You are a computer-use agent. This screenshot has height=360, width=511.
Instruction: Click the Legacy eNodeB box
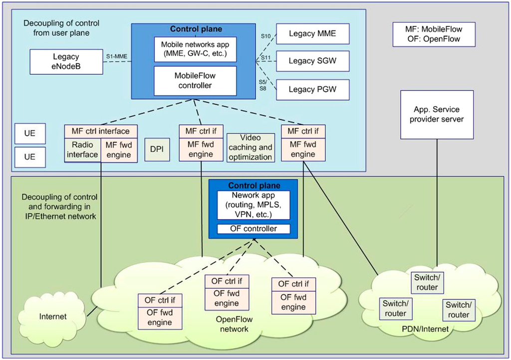click(66, 61)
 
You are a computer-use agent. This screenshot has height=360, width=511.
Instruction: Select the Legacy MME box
click(312, 33)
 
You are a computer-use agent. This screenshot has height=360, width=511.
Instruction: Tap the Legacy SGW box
click(312, 61)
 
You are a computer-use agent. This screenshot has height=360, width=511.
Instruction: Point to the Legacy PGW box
click(312, 90)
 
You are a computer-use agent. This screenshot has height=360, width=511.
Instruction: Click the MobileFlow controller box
click(195, 81)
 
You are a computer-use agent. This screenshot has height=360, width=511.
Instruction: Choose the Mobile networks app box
click(195, 49)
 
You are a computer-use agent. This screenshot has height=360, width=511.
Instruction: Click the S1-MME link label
click(117, 56)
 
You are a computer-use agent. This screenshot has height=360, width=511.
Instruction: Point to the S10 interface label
click(266, 36)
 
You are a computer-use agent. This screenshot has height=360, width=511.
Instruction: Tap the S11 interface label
click(266, 58)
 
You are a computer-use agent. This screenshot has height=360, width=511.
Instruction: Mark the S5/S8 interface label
click(263, 85)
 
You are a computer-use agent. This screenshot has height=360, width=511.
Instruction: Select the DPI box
click(157, 150)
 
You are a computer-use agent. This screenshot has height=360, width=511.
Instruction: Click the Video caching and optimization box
click(251, 148)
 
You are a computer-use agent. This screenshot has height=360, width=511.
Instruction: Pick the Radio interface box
click(82, 150)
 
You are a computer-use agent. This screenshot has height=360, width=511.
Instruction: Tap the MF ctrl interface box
click(101, 131)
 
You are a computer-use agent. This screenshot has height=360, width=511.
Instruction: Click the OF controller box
click(254, 229)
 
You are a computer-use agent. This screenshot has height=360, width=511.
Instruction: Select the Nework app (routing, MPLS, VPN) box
click(254, 205)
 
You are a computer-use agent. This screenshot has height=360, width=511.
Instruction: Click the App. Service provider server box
click(437, 115)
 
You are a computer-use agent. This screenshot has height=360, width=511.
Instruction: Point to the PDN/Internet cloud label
click(425, 329)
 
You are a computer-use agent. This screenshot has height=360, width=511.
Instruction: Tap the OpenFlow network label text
click(234, 324)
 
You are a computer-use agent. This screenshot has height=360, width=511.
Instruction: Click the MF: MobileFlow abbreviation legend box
click(434, 34)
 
